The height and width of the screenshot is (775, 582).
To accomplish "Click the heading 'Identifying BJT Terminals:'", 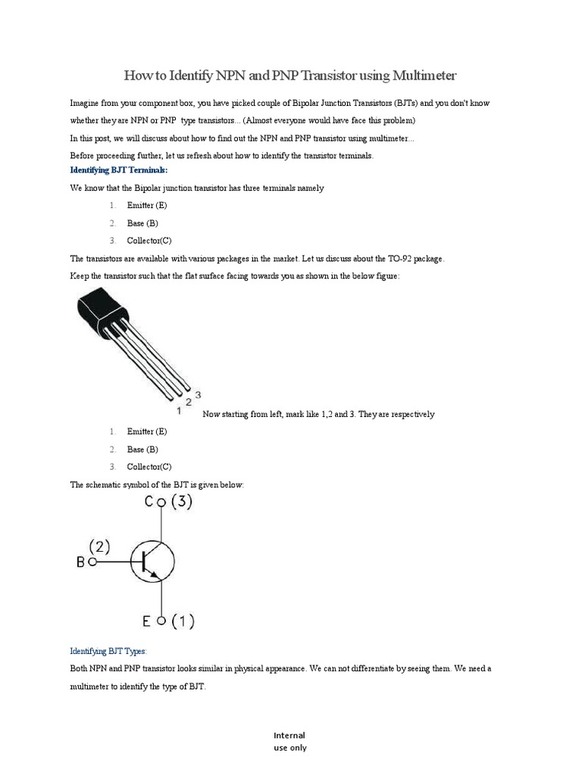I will [119, 170].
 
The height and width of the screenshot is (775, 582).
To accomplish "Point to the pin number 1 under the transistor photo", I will [179, 410].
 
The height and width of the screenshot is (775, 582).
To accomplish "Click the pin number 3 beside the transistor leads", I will [198, 394].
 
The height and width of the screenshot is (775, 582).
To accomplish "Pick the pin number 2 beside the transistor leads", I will [188, 402].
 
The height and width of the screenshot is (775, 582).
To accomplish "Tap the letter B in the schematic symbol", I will [81, 562].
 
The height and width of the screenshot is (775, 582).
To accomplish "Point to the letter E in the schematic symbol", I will [146, 621].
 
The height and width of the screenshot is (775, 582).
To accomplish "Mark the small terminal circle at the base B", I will [92, 562].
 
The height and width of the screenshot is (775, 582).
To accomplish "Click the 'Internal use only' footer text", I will [289, 741].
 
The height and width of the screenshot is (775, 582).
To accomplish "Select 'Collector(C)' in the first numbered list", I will [149, 241].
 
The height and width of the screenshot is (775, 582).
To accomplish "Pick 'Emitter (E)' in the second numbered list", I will [147, 431].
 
